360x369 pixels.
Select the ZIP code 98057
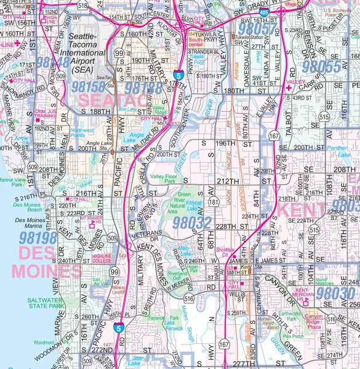pos(258,28)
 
